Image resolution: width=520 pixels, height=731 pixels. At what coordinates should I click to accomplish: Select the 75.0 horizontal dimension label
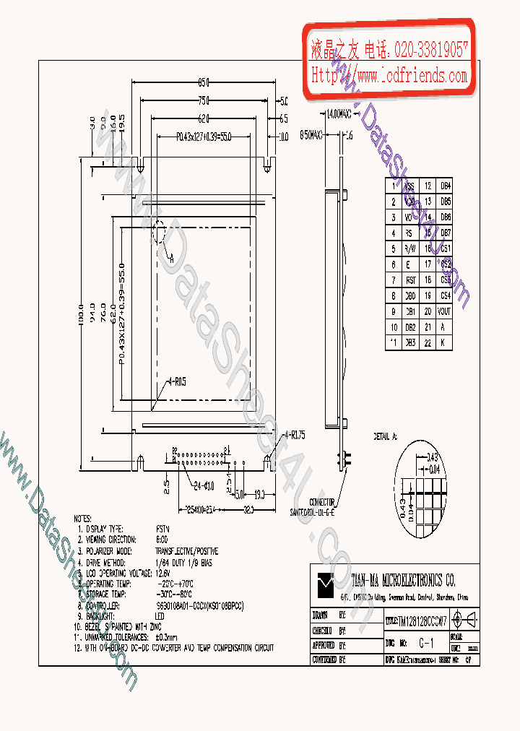coord(204,100)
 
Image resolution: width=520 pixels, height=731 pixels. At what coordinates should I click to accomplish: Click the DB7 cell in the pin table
coord(446,233)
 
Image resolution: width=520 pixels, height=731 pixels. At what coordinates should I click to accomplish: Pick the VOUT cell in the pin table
coord(446,311)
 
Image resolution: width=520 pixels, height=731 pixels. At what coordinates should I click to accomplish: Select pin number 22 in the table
coord(428,342)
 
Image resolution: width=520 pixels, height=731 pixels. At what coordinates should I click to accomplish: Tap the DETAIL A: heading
coord(385,437)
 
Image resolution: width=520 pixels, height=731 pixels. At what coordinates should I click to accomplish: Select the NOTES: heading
coord(84,519)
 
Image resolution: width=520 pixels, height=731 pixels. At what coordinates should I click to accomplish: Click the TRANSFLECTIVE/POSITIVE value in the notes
coord(187,551)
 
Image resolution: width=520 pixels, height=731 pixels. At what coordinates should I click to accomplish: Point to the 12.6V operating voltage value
coord(164,573)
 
